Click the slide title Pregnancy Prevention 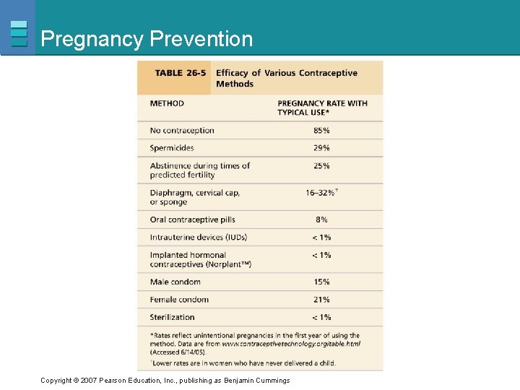[147, 39]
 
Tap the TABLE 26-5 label [181, 73]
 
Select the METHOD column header [167, 103]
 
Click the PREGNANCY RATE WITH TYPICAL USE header [322, 108]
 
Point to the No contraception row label [182, 131]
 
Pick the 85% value [321, 131]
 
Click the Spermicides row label [172, 148]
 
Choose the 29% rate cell [321, 148]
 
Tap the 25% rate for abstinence [321, 165]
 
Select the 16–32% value [321, 193]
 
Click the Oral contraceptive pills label [192, 220]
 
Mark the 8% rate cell [321, 220]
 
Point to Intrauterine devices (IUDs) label [200, 237]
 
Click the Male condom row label [175, 282]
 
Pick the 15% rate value [321, 282]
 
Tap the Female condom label [179, 300]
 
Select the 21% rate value [321, 300]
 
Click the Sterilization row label [173, 317]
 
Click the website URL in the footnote [290, 344]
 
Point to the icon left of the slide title [19, 33]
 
